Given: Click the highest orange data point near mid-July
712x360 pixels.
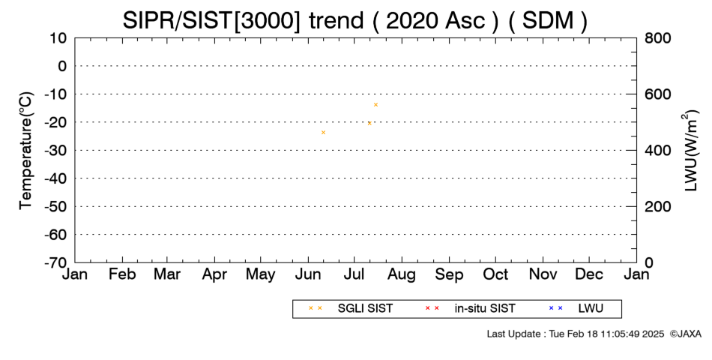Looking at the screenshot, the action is tap(375, 104).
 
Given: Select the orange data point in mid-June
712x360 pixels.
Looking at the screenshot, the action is tap(323, 132).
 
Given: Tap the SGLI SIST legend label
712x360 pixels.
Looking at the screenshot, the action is tap(365, 309).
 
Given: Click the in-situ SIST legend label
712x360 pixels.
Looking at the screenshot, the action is tap(485, 309).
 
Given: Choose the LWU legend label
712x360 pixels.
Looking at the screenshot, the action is tap(591, 309).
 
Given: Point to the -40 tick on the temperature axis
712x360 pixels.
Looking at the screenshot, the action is tap(55, 178).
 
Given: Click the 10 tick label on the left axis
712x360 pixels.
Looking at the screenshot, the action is tap(58, 38).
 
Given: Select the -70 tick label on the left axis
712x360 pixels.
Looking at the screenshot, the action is tap(55, 262).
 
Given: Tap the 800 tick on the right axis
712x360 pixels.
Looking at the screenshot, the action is tap(657, 38).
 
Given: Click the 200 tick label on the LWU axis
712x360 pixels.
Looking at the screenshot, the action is tap(657, 207).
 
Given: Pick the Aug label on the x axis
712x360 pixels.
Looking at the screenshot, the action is tap(402, 274).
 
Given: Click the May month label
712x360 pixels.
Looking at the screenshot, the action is tap(261, 274).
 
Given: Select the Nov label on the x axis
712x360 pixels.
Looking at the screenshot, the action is tap(543, 274).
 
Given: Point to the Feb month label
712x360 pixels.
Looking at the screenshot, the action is tap(122, 274).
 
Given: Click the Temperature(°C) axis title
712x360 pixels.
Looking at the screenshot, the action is tap(26, 151).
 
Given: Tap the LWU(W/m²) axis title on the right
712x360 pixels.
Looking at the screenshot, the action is tap(690, 151).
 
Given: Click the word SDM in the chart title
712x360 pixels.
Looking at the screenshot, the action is tap(548, 21).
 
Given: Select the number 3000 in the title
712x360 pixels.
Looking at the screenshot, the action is tap(268, 21).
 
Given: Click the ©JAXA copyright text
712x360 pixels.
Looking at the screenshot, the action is tap(685, 334).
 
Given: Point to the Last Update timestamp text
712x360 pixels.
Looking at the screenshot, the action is tap(576, 334).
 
